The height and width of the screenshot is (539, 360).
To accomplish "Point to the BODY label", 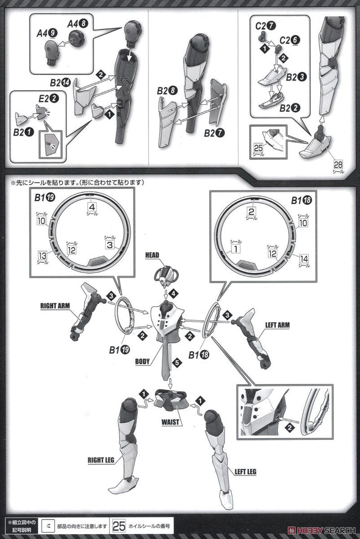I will (142, 362).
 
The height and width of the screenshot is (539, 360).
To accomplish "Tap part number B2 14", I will (60, 84).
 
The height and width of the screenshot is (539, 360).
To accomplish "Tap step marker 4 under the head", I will (173, 292).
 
